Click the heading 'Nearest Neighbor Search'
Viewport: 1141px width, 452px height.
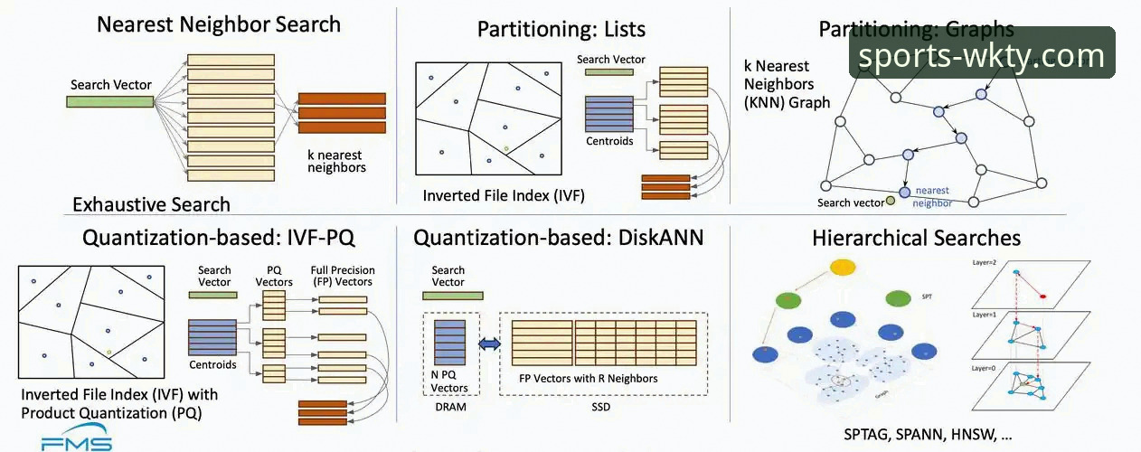(x=219, y=24)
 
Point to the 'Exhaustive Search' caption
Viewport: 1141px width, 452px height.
(x=151, y=204)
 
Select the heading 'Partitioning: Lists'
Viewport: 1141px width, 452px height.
(x=561, y=29)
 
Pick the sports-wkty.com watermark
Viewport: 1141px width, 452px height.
(x=981, y=56)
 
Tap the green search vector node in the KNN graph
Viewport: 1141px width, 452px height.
(x=891, y=201)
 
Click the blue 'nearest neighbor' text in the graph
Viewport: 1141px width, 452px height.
(x=932, y=196)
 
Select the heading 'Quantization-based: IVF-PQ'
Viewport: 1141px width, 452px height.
(x=218, y=239)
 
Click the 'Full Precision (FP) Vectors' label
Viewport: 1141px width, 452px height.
(x=342, y=276)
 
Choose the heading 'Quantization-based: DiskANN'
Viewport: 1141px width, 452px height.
(x=558, y=239)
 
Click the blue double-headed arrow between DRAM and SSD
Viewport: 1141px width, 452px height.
(x=488, y=344)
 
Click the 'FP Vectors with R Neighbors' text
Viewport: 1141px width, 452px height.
(x=589, y=378)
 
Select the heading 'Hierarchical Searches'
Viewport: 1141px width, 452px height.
(x=916, y=239)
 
